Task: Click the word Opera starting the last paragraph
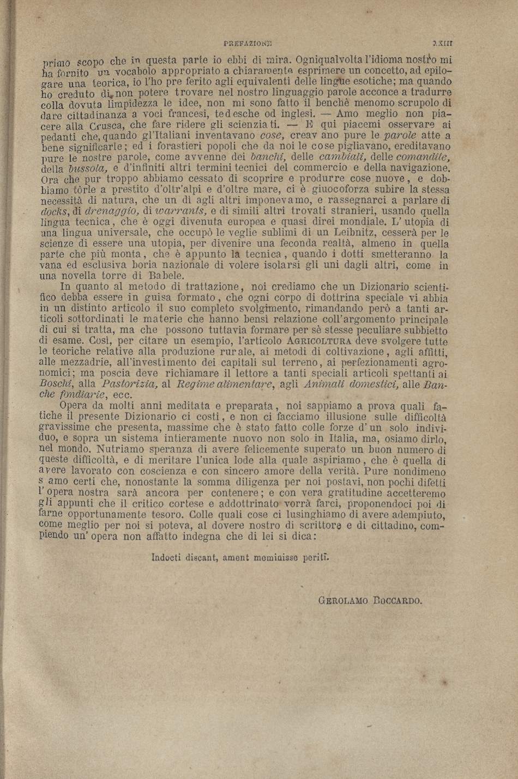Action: (x=73, y=406)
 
